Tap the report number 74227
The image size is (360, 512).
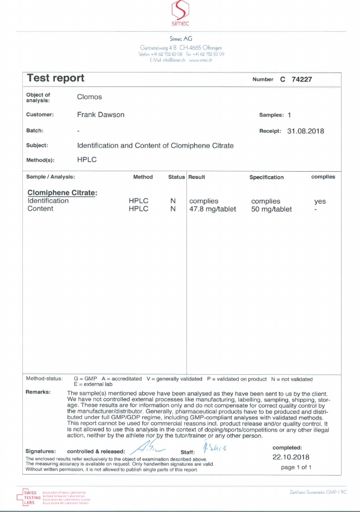[301, 79]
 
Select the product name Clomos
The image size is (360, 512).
[89, 96]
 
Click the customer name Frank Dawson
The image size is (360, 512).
[100, 115]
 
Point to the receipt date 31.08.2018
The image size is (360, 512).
[305, 131]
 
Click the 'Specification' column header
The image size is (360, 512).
[266, 177]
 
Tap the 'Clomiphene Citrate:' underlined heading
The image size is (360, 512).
[63, 193]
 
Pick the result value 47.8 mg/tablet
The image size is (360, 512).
[213, 209]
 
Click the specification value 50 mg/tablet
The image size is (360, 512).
[272, 209]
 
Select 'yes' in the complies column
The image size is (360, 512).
[320, 201]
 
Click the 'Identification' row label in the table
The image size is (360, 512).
[48, 201]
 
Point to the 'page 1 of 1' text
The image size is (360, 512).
[296, 467]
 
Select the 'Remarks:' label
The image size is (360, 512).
[38, 392]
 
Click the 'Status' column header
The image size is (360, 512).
[176, 177]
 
